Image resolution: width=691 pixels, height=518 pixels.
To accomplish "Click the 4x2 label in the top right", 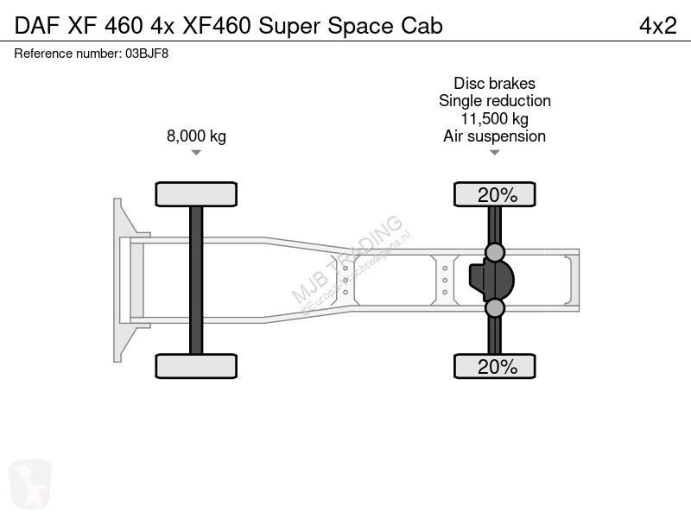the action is point(657,26).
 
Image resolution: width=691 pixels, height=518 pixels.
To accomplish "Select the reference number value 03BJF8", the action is point(147,54).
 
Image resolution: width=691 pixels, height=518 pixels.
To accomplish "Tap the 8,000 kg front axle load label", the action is point(196,136).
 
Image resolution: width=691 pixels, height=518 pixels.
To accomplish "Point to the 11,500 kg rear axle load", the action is point(494,119).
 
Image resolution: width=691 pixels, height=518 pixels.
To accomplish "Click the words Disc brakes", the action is point(494,83).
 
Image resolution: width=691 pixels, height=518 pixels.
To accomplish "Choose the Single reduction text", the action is point(494,101).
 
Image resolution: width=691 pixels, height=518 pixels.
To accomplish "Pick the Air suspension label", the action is point(494,136).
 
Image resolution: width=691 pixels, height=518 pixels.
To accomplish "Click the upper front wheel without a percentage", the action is point(196,194).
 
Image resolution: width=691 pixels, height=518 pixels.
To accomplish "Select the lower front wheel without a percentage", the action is point(196,366).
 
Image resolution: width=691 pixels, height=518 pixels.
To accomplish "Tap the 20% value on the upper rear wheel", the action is point(498,195).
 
